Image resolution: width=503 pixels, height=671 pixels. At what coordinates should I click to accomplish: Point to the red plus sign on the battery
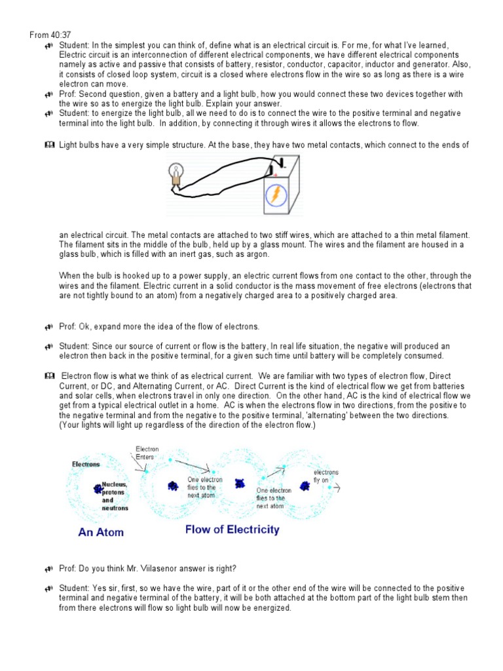(x=276, y=175)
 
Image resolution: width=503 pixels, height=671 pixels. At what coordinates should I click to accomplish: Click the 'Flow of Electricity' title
(x=232, y=529)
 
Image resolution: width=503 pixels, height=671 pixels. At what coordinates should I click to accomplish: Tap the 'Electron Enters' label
(x=147, y=453)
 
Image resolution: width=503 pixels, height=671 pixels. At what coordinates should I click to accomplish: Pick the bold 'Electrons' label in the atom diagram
(x=86, y=465)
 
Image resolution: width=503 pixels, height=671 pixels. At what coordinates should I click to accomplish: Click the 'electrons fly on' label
(x=326, y=476)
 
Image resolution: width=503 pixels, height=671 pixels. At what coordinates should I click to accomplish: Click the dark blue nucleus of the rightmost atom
(x=305, y=486)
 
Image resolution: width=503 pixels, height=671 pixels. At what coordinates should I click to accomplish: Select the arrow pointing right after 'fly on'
(x=337, y=489)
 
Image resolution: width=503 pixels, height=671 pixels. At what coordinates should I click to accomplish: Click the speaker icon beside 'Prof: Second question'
(x=49, y=94)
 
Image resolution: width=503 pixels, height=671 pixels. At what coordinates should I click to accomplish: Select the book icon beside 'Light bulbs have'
(x=49, y=145)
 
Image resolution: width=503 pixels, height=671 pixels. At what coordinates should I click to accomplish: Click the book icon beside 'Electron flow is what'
(x=49, y=376)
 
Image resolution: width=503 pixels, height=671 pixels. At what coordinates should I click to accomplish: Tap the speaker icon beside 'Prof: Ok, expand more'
(x=49, y=326)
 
